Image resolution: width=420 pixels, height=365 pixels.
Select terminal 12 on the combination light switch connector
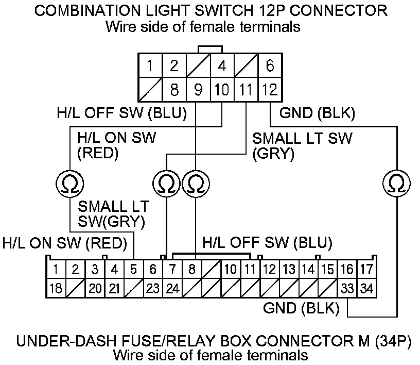coord(270,90)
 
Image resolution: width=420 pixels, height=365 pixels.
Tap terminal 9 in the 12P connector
coord(198,90)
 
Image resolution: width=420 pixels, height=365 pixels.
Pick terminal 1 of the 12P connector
coord(150,66)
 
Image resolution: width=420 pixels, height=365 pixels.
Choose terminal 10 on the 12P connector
coord(222,90)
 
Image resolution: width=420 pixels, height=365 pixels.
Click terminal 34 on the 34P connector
coord(366,288)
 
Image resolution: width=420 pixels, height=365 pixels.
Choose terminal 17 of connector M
coord(366,269)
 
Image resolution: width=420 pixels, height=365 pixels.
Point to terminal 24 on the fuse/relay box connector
coord(172,288)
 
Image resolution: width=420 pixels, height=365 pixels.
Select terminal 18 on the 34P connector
coord(56,288)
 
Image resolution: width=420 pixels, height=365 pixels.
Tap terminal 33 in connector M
coord(347,288)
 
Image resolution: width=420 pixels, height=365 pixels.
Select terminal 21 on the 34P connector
coord(114,288)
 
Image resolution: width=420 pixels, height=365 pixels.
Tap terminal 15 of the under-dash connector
coord(327,269)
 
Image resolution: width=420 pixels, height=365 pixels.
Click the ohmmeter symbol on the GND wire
coord(397,183)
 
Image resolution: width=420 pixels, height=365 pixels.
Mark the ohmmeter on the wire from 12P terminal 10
coord(69,183)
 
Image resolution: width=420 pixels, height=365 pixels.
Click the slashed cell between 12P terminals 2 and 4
coord(198,66)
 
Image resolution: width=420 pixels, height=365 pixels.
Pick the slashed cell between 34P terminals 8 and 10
coord(212,269)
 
